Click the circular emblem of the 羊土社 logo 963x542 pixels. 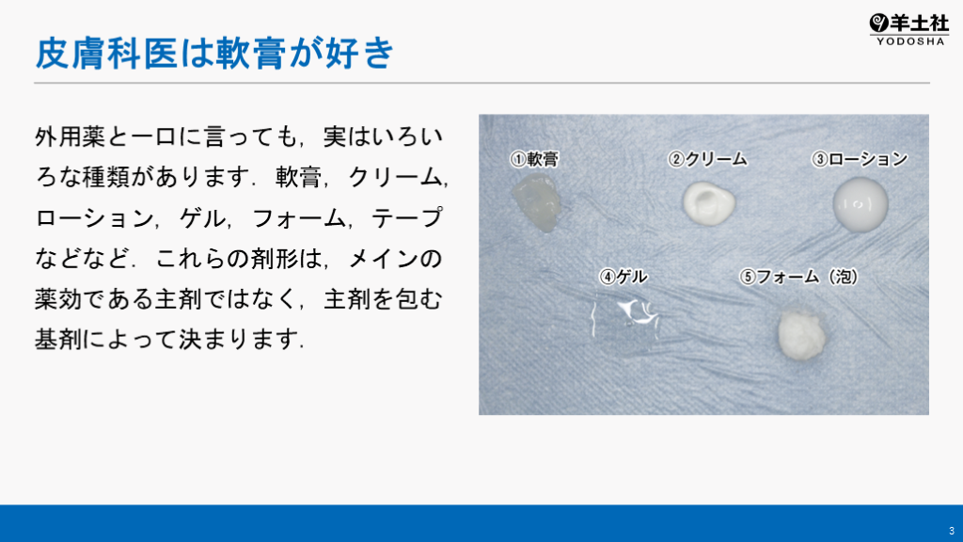tap(879, 24)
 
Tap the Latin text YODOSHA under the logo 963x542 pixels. tap(910, 41)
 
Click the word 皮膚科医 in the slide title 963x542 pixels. tap(106, 53)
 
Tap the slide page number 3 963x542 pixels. tap(952, 531)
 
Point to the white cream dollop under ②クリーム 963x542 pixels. tap(709, 203)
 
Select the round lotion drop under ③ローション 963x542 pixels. tap(860, 204)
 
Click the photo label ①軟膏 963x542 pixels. tap(534, 159)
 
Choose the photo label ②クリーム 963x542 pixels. tap(707, 159)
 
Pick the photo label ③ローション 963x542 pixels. tap(860, 159)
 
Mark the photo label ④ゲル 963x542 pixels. tap(624, 277)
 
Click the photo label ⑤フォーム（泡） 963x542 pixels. tap(798, 277)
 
